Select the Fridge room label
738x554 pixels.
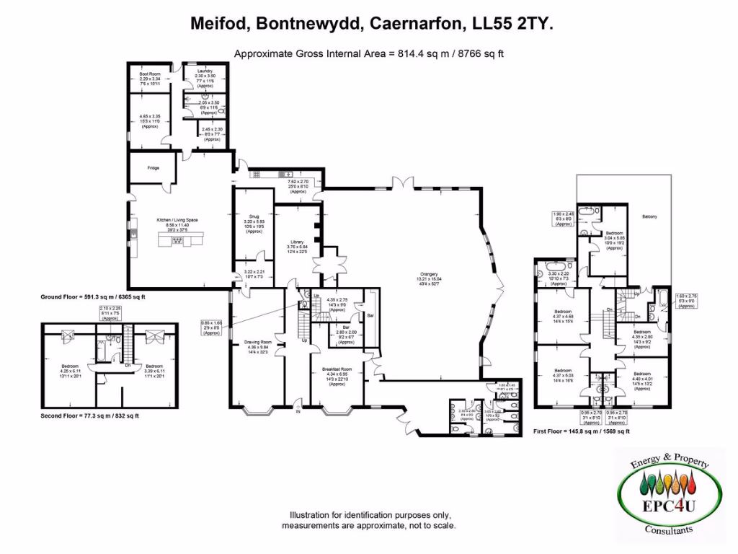[154, 168]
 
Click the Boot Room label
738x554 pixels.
[150, 72]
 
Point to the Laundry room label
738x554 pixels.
[205, 71]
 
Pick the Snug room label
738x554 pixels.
[254, 215]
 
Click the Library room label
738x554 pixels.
[297, 242]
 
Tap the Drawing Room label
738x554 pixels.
[257, 342]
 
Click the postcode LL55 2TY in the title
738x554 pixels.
[513, 24]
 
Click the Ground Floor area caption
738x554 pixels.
[94, 296]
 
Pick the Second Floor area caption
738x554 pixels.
[89, 416]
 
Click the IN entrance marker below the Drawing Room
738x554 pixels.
[297, 412]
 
